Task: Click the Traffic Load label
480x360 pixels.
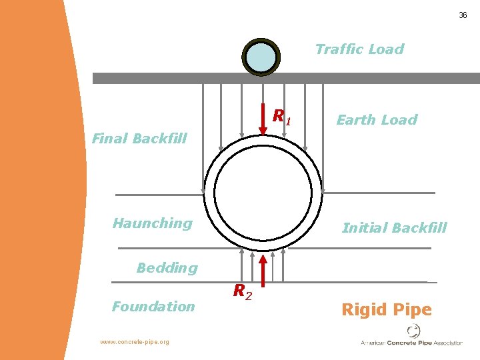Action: [x=359, y=49]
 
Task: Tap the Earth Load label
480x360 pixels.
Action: [x=377, y=120]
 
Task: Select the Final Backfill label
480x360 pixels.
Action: [x=139, y=139]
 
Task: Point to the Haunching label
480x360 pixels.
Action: [x=153, y=223]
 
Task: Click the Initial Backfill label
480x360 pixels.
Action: [x=394, y=228]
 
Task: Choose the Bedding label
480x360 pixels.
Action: [x=167, y=268]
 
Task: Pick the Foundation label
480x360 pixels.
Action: [x=153, y=307]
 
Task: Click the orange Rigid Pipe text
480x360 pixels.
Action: [x=387, y=309]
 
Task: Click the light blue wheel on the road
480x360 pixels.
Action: [x=261, y=57]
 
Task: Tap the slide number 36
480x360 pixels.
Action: [x=463, y=15]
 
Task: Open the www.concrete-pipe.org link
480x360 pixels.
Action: [x=135, y=342]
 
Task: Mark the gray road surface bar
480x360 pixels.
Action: [x=373, y=78]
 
